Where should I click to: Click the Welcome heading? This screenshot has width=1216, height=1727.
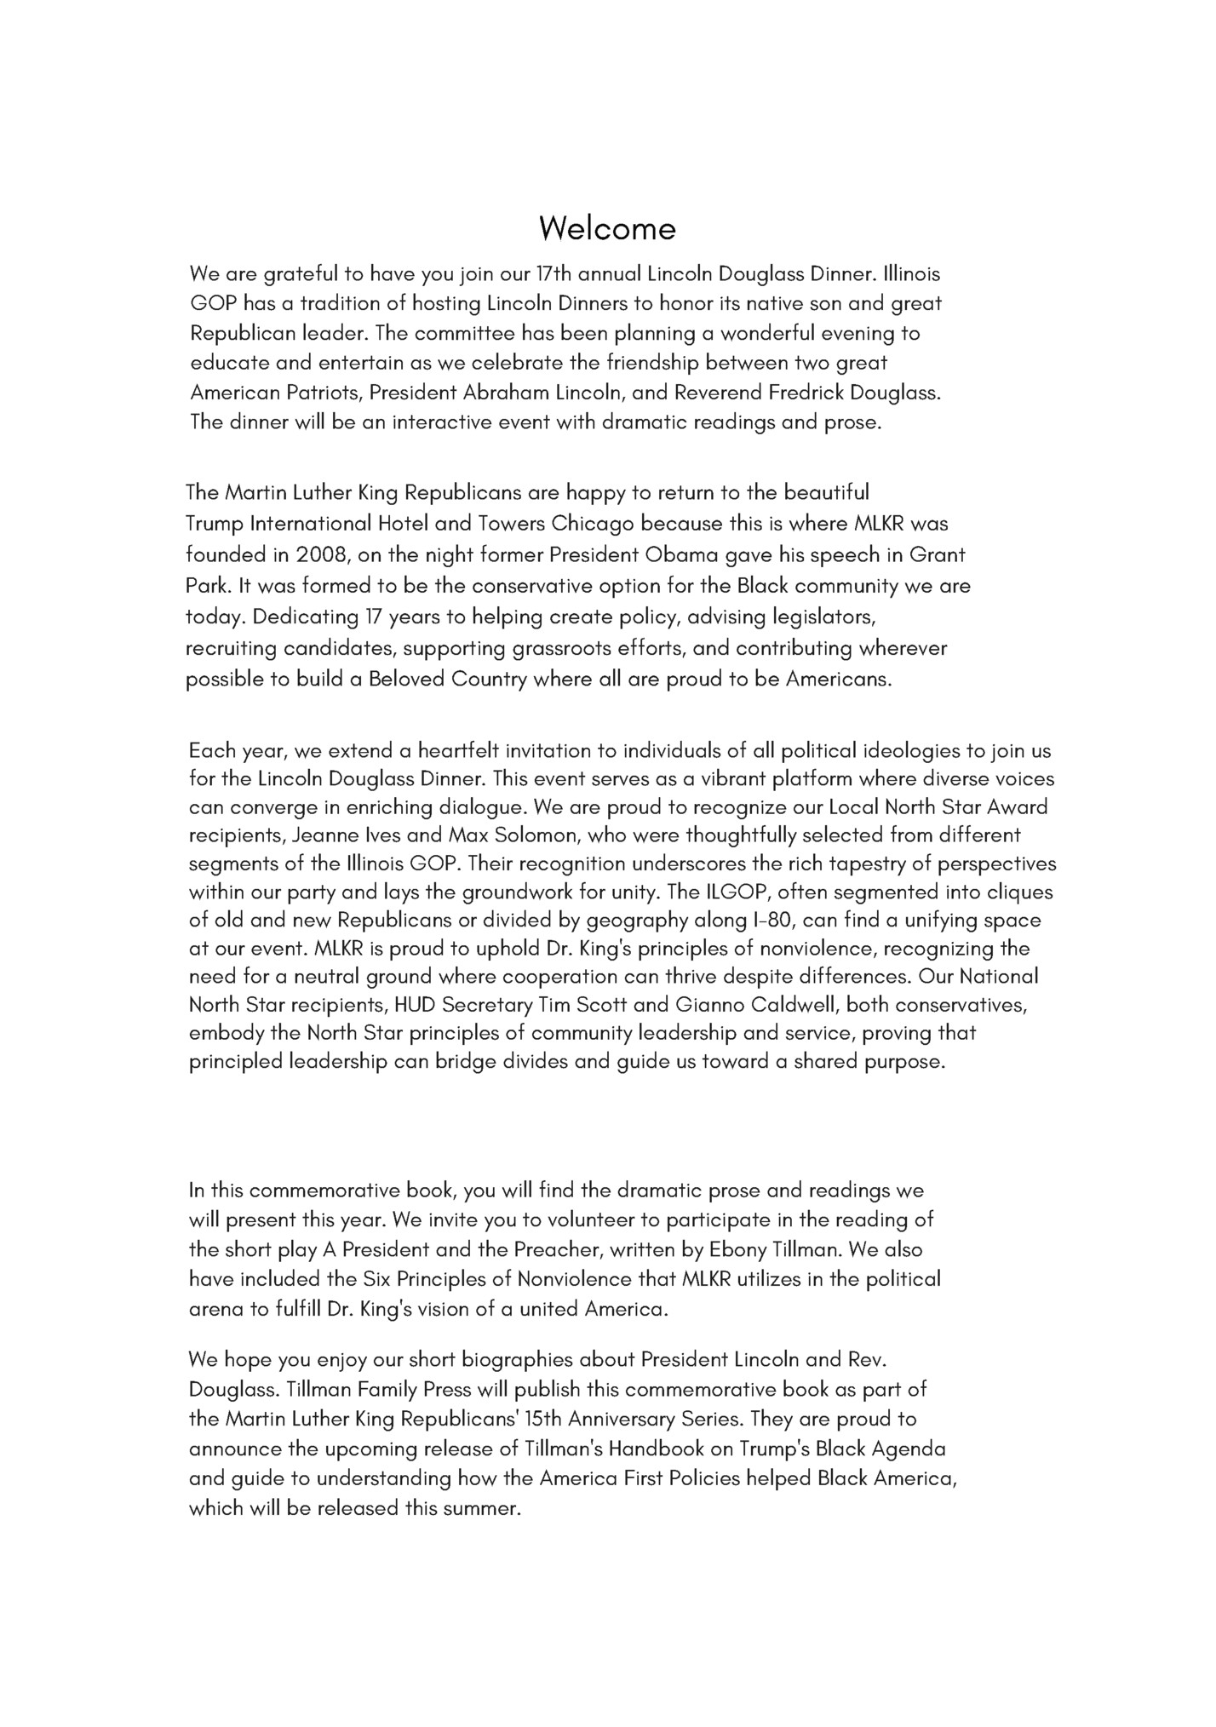click(x=607, y=228)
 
